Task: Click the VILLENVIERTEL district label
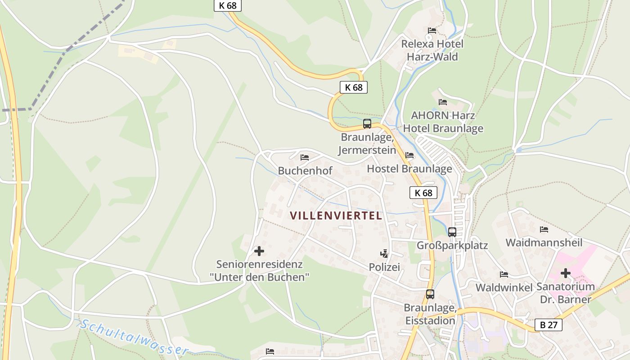336,216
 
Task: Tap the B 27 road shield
549,325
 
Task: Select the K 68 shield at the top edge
228,5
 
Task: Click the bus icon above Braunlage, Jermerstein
367,124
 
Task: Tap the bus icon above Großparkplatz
452,232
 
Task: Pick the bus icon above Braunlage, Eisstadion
430,294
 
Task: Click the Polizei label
384,267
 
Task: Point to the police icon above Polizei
384,254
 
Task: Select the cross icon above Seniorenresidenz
259,251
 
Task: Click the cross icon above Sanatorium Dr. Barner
566,273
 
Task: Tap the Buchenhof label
305,171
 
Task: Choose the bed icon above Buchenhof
305,157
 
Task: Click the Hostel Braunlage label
409,169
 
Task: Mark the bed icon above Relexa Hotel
432,31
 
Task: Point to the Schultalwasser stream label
134,337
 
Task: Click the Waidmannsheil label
544,243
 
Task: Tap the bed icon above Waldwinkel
504,274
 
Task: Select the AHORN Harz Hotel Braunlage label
443,122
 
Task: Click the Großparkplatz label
452,246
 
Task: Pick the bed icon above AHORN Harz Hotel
443,102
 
